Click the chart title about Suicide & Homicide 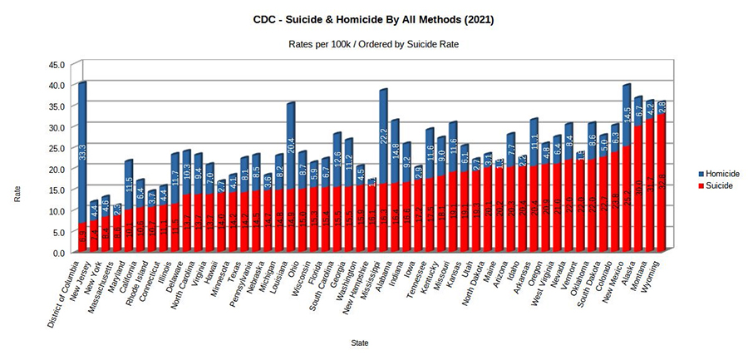pyautogui.click(x=373, y=17)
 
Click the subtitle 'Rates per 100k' pyautogui.click(x=373, y=43)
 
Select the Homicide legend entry pyautogui.click(x=717, y=173)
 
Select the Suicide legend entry pyautogui.click(x=716, y=185)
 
